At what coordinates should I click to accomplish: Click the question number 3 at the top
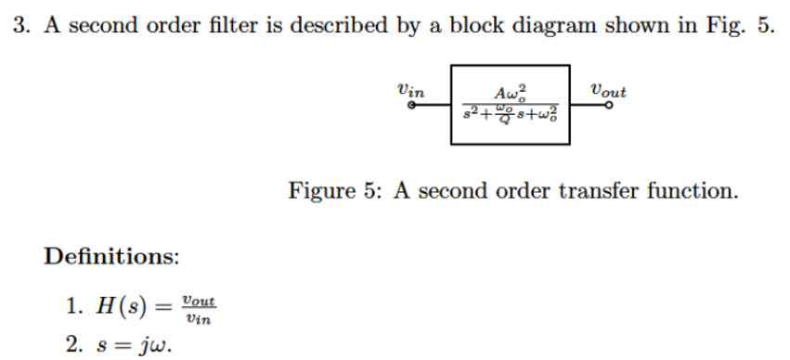click(19, 25)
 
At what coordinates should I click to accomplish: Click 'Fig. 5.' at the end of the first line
click(742, 25)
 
